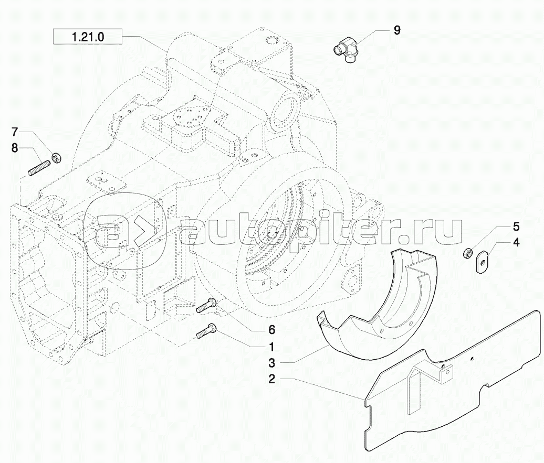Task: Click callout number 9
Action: pyautogui.click(x=396, y=30)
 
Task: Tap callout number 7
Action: pyautogui.click(x=15, y=131)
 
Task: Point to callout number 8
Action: pyautogui.click(x=15, y=148)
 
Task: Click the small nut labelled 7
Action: pyautogui.click(x=56, y=156)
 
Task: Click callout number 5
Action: pyautogui.click(x=516, y=227)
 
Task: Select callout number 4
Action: pyautogui.click(x=516, y=243)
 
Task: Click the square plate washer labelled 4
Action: pyautogui.click(x=481, y=262)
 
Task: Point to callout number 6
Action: pyautogui.click(x=271, y=330)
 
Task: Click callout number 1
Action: pyautogui.click(x=271, y=347)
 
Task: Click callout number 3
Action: pyautogui.click(x=271, y=362)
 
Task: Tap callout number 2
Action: pyautogui.click(x=271, y=380)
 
